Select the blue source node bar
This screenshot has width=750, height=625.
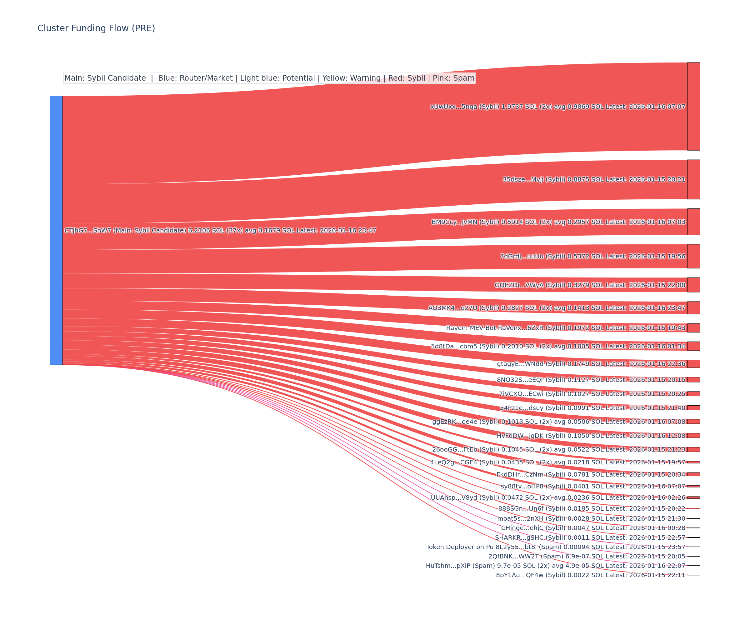[x=56, y=230]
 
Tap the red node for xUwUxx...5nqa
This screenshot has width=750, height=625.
[x=693, y=107]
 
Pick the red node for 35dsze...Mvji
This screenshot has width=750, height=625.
[x=693, y=179]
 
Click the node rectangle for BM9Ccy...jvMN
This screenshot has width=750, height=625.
[x=693, y=222]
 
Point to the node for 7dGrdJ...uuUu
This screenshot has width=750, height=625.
[x=693, y=256]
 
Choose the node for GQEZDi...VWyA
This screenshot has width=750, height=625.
[x=693, y=285]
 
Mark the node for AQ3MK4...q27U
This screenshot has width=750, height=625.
[x=693, y=308]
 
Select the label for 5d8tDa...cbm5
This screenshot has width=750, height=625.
[x=558, y=346]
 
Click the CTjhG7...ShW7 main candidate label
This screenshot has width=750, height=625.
[x=220, y=230]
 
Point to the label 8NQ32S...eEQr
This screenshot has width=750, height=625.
[x=591, y=380]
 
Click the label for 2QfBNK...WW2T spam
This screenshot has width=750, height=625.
[x=587, y=556]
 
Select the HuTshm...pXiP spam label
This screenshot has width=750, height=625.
[x=555, y=566]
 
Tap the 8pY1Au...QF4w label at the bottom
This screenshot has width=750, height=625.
[x=591, y=575]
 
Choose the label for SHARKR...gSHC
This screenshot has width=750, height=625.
[x=590, y=537]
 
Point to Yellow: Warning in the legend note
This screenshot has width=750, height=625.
[x=352, y=78]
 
